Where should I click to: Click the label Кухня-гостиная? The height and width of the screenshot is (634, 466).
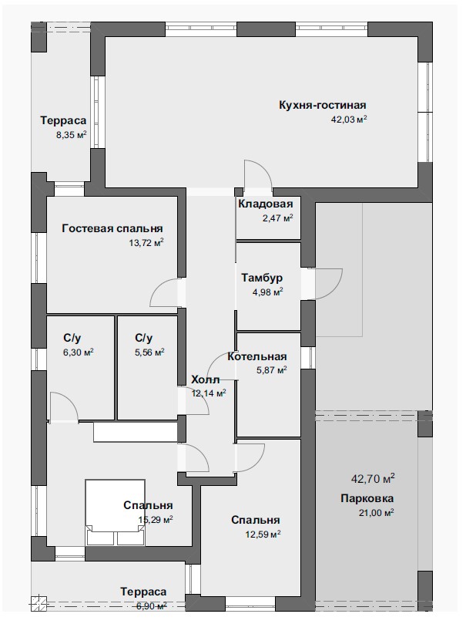click(x=322, y=105)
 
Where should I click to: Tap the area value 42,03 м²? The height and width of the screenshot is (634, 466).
click(x=349, y=120)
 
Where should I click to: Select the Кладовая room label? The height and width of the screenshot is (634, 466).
click(x=265, y=204)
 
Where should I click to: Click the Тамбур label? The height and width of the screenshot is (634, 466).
click(x=262, y=278)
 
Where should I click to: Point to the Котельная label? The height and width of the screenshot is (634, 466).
click(x=256, y=356)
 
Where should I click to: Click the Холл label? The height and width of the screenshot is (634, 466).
click(x=205, y=379)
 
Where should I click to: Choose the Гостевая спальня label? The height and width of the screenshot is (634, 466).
click(x=112, y=228)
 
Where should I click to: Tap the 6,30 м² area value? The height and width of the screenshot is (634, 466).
click(x=79, y=352)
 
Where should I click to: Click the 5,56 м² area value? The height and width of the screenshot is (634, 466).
click(x=149, y=352)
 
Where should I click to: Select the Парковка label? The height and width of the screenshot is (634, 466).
click(x=367, y=498)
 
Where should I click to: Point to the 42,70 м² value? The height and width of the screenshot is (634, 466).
click(x=373, y=479)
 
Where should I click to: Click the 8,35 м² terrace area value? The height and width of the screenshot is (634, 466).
click(x=72, y=135)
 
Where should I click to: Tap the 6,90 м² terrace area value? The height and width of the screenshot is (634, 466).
click(x=152, y=606)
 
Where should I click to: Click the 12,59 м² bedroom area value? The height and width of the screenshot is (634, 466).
click(x=263, y=535)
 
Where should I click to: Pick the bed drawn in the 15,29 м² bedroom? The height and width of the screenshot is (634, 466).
click(x=115, y=512)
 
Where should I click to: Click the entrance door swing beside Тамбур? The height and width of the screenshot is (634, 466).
click(x=328, y=283)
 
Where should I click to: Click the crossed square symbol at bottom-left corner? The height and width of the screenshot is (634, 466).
click(x=39, y=604)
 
